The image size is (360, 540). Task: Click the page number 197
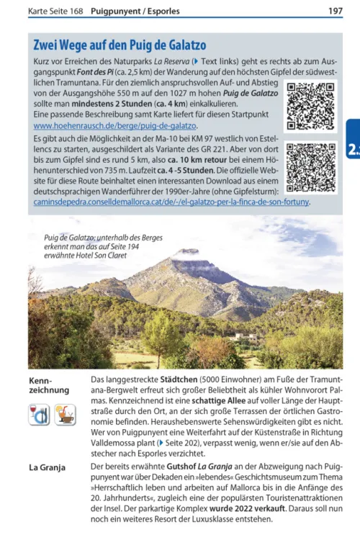click(335, 12)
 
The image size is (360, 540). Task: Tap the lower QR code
click(310, 167)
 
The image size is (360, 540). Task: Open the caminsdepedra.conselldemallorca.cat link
click(172, 202)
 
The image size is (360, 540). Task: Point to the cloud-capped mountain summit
click(186, 255)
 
